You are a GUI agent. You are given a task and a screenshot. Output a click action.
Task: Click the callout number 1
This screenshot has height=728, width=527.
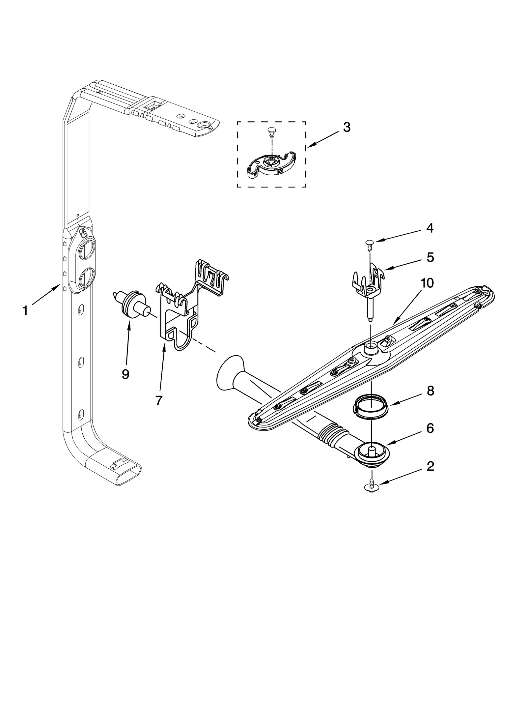25,310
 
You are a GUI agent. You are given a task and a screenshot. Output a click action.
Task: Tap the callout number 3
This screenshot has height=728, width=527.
346,128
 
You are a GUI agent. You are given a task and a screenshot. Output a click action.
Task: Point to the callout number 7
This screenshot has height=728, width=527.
158,400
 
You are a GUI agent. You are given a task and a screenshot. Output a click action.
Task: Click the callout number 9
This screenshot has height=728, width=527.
125,374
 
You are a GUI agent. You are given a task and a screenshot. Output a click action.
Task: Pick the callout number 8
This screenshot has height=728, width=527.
430,391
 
